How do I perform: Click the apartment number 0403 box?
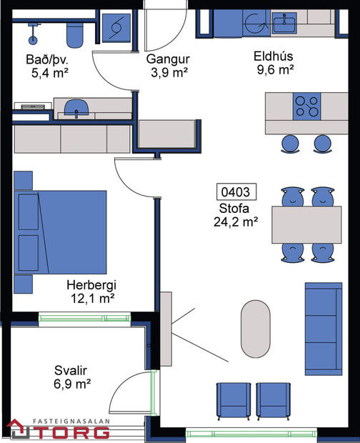(235, 192)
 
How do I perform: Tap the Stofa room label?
(235, 209)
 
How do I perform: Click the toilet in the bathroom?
(74, 32)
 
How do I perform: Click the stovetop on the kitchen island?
(308, 106)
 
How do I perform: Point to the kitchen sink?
(289, 24)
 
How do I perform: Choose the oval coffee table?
(256, 329)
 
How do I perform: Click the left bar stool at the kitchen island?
(290, 143)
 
